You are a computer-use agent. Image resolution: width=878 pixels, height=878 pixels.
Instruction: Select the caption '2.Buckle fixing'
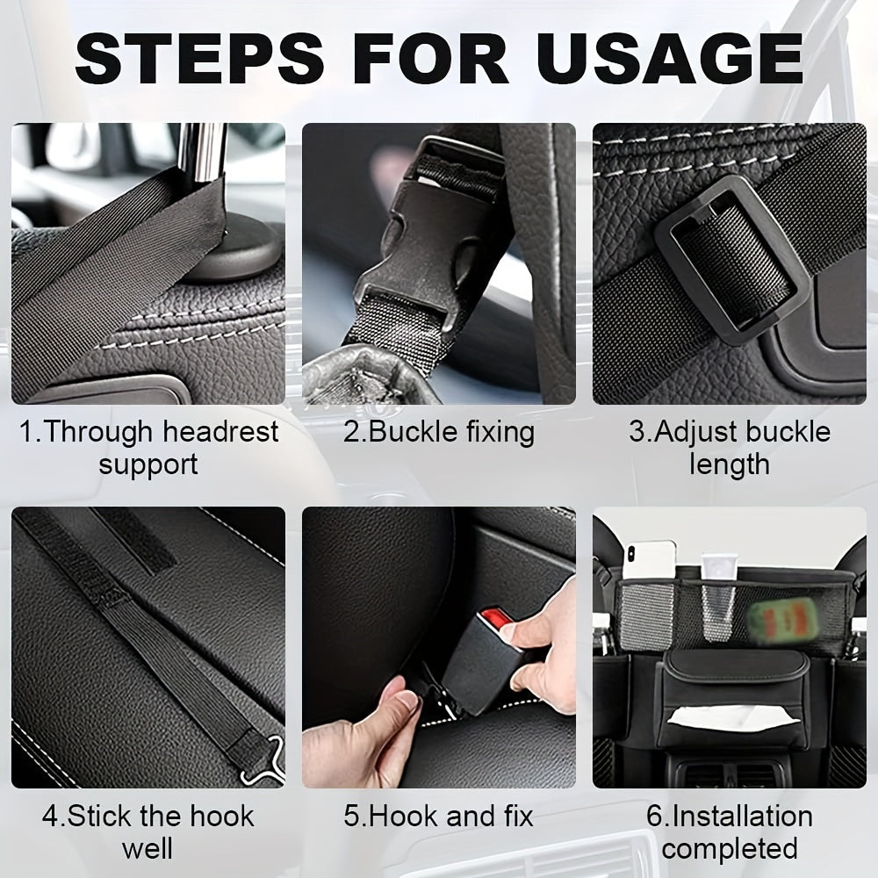pos(438,432)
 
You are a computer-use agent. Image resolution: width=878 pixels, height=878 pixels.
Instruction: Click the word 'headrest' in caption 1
pos(220,432)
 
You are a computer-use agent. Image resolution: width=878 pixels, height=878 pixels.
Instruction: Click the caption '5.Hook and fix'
pos(438,816)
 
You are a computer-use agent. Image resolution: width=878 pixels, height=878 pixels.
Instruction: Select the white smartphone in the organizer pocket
pos(649,562)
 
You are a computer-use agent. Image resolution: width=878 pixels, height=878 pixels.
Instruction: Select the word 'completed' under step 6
pos(729,849)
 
